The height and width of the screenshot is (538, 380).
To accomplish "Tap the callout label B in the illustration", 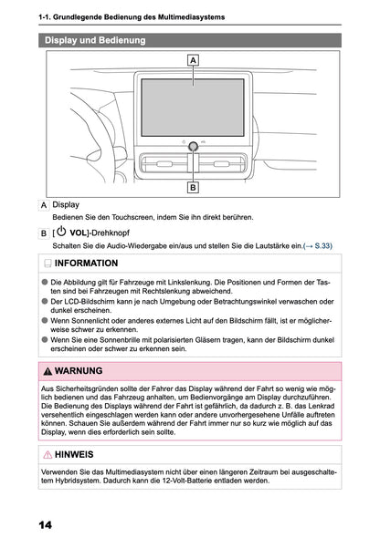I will click(194, 188).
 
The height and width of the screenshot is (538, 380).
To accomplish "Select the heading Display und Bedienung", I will click(95, 40).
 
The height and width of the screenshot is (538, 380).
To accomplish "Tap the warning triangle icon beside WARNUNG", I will click(47, 371).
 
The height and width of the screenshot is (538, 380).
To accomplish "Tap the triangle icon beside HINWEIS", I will click(47, 453).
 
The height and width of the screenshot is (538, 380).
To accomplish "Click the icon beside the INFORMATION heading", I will click(47, 263).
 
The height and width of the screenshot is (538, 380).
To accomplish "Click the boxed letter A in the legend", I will click(45, 205).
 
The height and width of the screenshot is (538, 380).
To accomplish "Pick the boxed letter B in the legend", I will click(45, 233).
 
